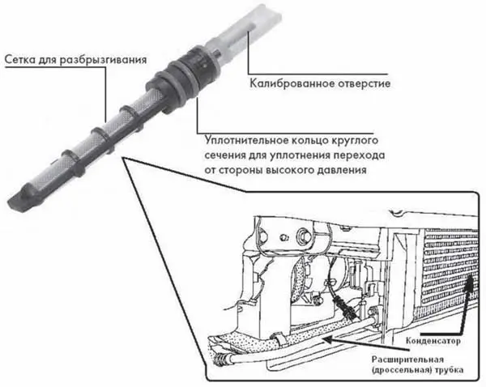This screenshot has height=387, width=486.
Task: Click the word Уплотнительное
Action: [x=245, y=140]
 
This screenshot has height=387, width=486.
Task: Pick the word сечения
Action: [x=224, y=155]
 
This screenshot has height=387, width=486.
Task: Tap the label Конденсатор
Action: [x=433, y=341]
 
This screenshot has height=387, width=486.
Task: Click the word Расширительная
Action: [x=407, y=359]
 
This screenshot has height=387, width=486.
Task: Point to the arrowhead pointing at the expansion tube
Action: [x=327, y=341]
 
